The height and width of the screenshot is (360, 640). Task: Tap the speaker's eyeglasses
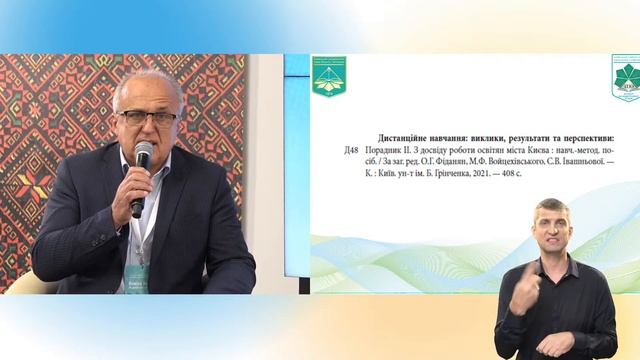[x=146, y=117]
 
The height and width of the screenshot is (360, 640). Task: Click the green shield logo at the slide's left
[x=329, y=76]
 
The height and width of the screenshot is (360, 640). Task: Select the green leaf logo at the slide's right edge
[x=627, y=78]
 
